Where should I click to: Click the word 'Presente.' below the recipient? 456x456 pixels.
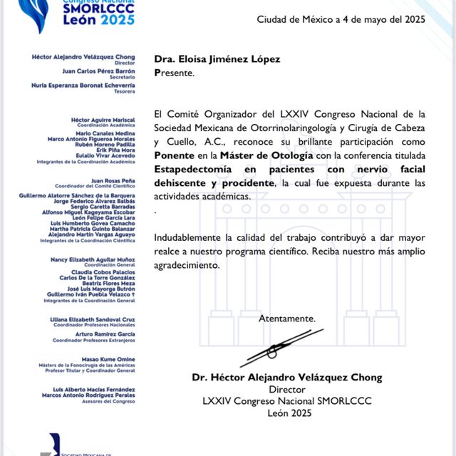[174, 73]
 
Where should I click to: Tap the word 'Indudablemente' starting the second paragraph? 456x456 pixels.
[187, 237]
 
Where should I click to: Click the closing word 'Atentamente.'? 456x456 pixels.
[286, 318]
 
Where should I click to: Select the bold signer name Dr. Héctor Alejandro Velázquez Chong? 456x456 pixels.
[287, 378]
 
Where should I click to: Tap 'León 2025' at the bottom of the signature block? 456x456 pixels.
[289, 413]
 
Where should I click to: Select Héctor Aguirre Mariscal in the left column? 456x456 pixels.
[103, 120]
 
